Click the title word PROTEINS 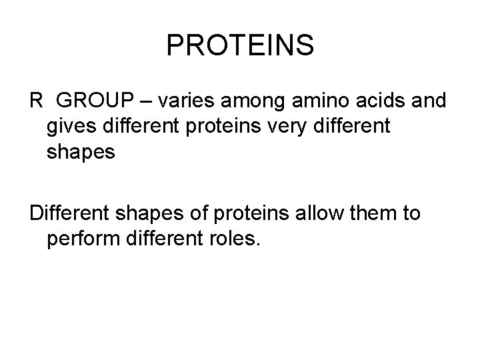click(x=240, y=45)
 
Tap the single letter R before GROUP click(x=36, y=101)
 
